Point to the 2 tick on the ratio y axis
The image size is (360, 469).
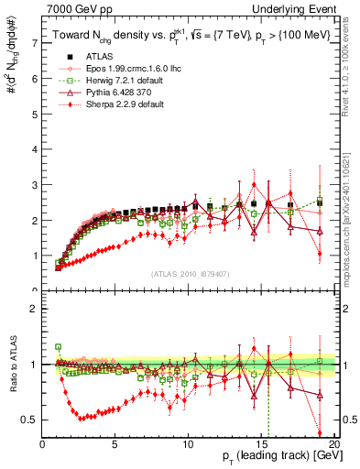coord(34,309)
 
